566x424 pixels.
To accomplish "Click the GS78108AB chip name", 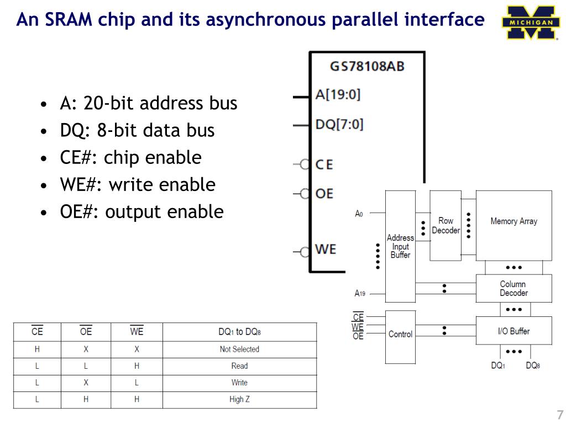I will [367, 66].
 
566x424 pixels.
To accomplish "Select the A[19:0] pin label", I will [338, 94].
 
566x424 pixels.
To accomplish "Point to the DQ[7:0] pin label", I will [339, 124].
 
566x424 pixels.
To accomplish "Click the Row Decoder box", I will [446, 225].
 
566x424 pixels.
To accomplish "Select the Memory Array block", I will [513, 221].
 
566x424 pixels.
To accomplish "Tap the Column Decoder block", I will [513, 288].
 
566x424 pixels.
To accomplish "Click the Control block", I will [400, 335].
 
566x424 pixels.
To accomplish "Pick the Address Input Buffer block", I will [400, 246].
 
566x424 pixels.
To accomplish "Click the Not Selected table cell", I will [239, 349].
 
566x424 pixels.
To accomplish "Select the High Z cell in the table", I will [239, 399].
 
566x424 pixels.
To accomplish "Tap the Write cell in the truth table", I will [239, 383].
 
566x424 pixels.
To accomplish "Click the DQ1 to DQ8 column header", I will [239, 332].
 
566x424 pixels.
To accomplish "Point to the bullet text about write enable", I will [138, 184].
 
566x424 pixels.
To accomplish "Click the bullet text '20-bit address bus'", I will [149, 103].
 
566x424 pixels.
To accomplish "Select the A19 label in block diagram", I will [360, 294].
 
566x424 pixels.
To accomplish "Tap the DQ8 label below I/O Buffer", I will [532, 365].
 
